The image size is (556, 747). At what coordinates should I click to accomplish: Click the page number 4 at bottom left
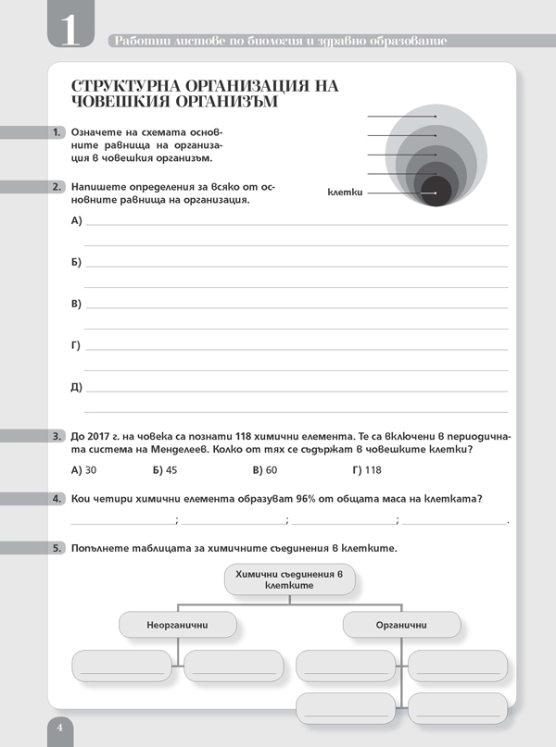[58, 728]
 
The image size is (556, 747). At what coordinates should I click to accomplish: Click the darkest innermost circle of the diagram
[436, 191]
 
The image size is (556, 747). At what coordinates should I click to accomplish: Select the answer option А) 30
[83, 469]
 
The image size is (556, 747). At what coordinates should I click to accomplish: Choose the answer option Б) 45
[164, 469]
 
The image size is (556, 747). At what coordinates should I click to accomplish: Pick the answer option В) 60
[264, 469]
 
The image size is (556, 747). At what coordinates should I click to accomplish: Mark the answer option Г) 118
[366, 469]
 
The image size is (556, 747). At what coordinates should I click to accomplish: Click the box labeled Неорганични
[177, 626]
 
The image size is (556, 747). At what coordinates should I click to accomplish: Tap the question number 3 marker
[57, 435]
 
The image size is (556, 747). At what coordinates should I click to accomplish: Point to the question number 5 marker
[57, 548]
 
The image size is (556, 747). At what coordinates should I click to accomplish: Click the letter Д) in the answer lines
[76, 387]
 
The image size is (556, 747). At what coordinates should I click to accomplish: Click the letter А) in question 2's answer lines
[76, 220]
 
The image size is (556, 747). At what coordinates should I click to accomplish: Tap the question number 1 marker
[57, 133]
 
